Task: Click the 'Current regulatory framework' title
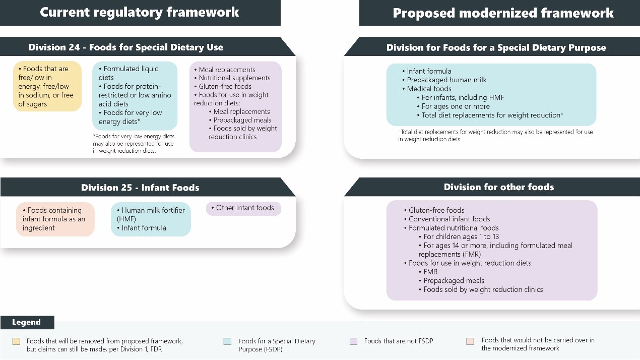click(140, 13)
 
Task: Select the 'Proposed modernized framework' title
click(503, 13)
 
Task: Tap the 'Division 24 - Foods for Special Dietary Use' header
click(126, 47)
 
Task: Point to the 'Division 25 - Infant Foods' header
click(140, 188)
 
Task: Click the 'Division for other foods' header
click(498, 187)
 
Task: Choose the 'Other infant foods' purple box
click(243, 208)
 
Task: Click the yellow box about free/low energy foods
click(47, 86)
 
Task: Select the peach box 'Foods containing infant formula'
click(55, 219)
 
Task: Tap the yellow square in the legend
click(16, 341)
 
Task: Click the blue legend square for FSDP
click(227, 341)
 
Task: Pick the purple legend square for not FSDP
click(353, 341)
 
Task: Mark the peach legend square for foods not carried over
click(470, 341)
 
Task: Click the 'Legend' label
click(26, 322)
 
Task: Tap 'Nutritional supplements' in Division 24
click(234, 78)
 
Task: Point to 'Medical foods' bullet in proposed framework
click(429, 89)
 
